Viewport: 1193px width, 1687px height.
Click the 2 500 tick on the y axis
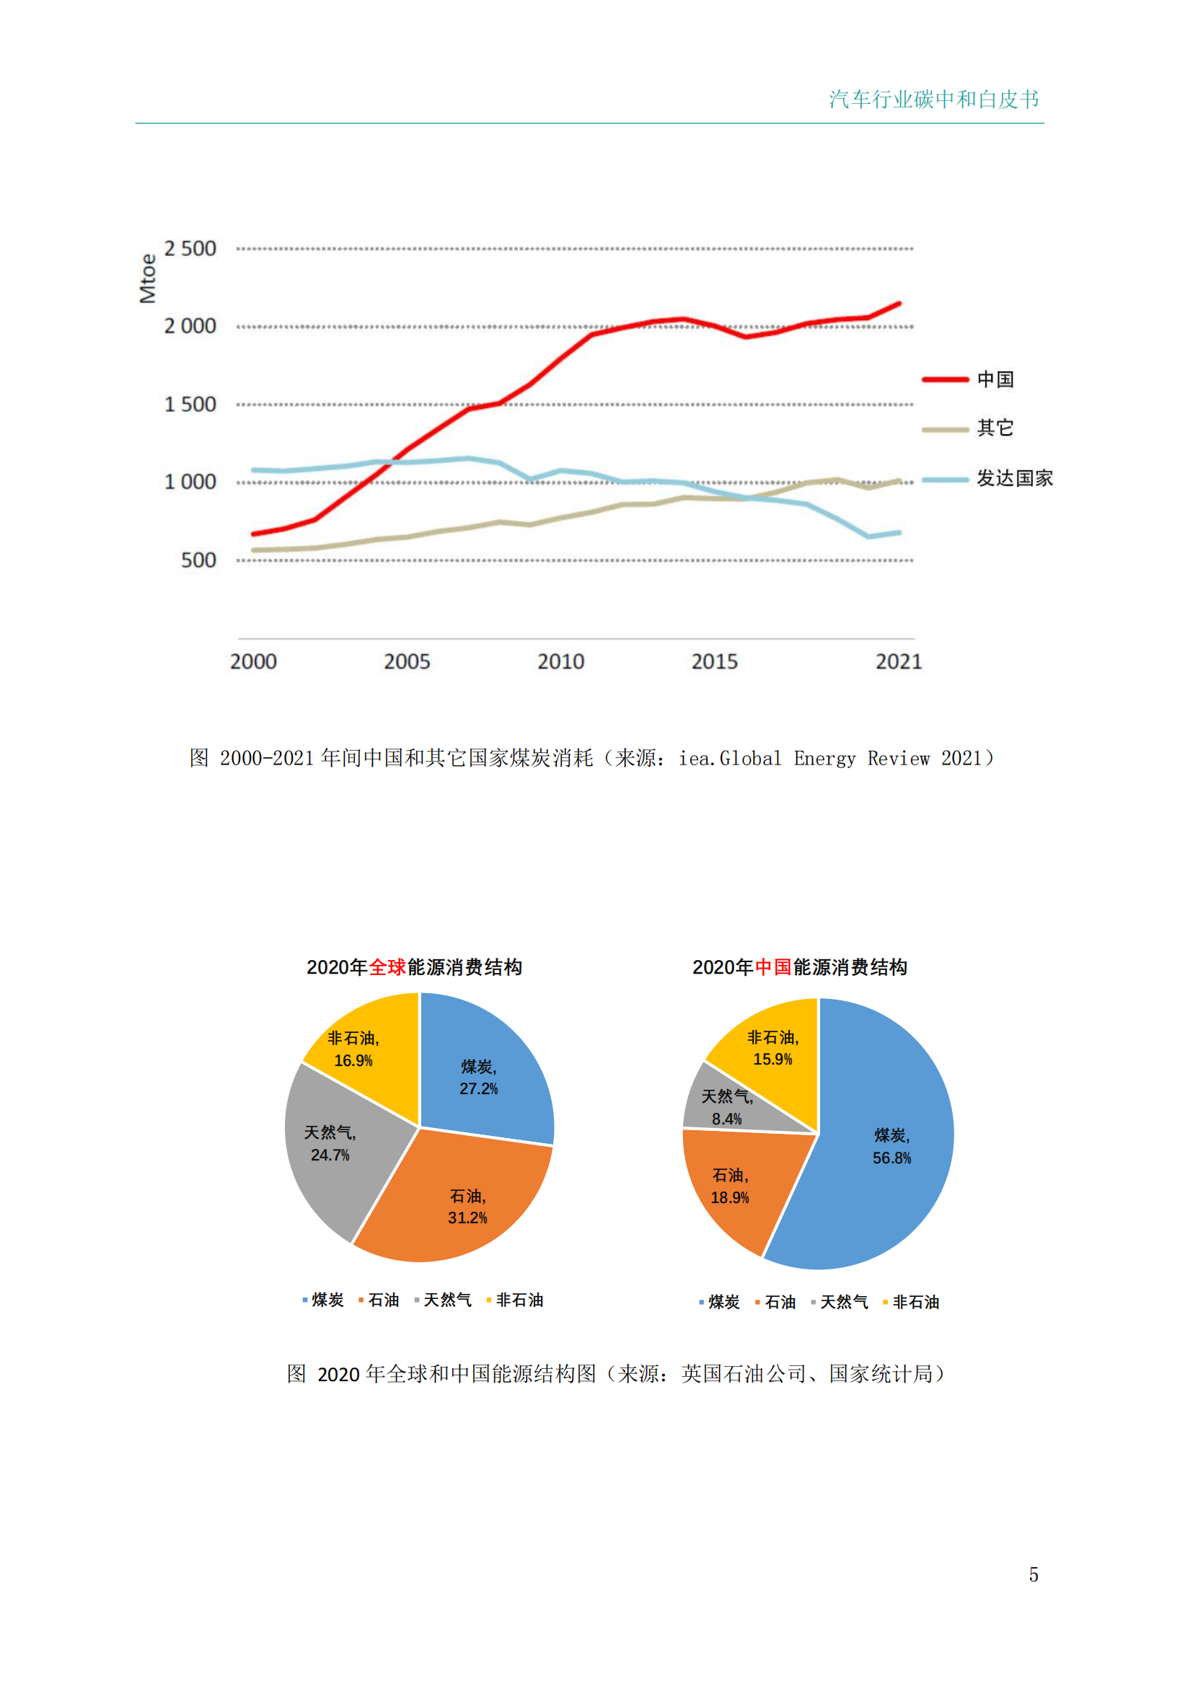(190, 249)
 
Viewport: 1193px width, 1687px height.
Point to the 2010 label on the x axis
(560, 662)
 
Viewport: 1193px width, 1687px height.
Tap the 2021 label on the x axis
(898, 662)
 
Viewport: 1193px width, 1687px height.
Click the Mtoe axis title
(148, 278)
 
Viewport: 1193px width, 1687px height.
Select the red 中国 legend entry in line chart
(968, 379)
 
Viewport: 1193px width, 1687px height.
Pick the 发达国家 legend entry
(987, 478)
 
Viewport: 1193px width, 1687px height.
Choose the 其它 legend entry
(968, 428)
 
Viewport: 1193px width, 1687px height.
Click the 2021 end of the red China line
(899, 304)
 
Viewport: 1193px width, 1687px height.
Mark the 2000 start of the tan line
(254, 550)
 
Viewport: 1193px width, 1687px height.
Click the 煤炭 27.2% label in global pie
(478, 1078)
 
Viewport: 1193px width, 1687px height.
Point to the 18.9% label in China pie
(729, 1198)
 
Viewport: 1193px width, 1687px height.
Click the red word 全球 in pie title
(387, 967)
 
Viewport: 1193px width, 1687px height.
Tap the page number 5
(1033, 1574)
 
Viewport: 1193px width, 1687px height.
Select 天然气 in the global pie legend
(443, 1300)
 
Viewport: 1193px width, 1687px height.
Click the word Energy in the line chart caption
(824, 758)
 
